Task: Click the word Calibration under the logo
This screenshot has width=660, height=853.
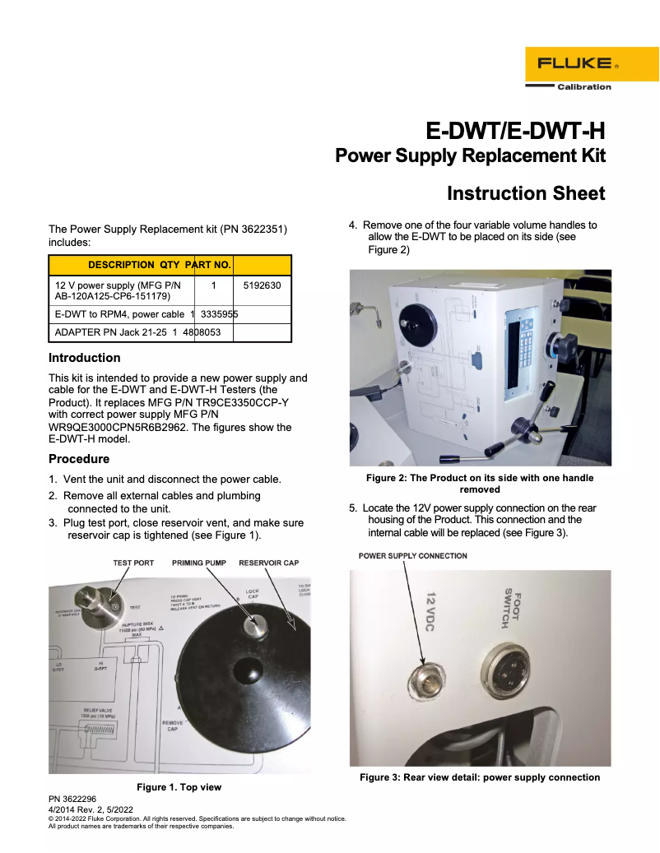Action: [x=584, y=86]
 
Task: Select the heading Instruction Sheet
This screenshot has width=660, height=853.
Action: [x=526, y=193]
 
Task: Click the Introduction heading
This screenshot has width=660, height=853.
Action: [x=84, y=358]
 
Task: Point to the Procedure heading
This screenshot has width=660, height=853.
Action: [x=79, y=459]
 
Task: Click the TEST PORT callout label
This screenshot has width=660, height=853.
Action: [x=133, y=563]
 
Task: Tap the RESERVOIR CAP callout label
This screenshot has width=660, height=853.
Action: [x=268, y=563]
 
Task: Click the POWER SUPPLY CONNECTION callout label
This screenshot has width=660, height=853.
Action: [x=412, y=556]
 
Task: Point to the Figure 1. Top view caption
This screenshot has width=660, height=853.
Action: [x=179, y=787]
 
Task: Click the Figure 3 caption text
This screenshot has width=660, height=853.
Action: [x=480, y=777]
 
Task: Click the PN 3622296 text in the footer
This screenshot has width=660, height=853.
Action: [x=72, y=799]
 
